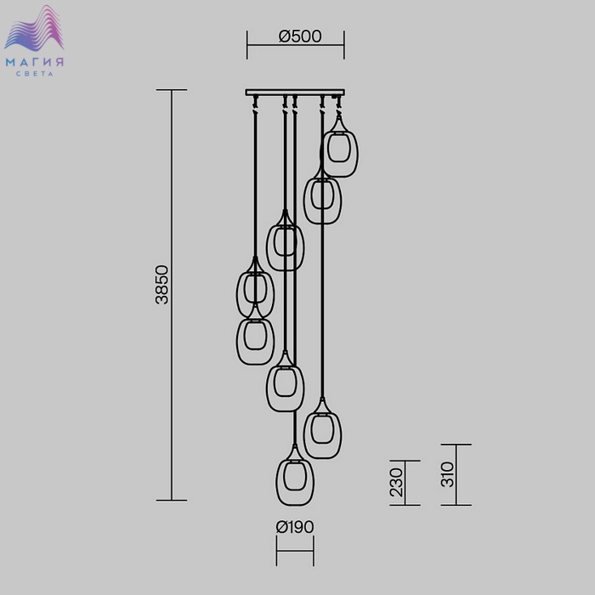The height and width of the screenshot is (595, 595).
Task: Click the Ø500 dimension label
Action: pyautogui.click(x=300, y=37)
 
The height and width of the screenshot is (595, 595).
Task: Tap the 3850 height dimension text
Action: pyautogui.click(x=162, y=285)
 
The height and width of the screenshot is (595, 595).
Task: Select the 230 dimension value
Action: pyautogui.click(x=396, y=482)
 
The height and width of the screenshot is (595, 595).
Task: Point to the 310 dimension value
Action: pyautogui.click(x=447, y=474)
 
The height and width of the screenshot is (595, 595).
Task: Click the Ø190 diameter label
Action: pyautogui.click(x=295, y=527)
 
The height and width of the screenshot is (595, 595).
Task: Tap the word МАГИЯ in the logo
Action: pyautogui.click(x=35, y=62)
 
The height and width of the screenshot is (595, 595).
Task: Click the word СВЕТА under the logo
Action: pyautogui.click(x=35, y=74)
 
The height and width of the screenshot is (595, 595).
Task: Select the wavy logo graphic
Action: pyautogui.click(x=34, y=28)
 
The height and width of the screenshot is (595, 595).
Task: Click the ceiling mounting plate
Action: pyautogui.click(x=295, y=92)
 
